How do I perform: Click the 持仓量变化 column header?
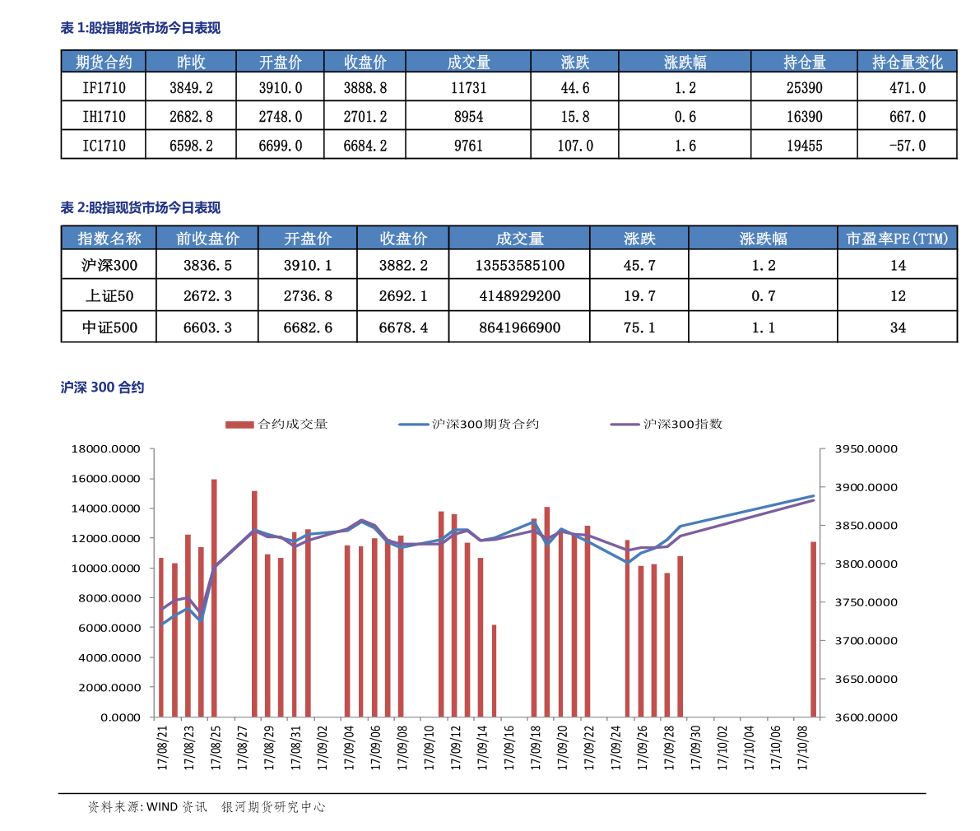click(x=907, y=62)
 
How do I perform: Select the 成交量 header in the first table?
click(x=468, y=62)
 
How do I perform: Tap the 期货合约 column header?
click(x=104, y=62)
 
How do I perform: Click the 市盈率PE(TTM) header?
click(x=897, y=239)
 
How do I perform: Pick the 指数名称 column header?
click(x=109, y=239)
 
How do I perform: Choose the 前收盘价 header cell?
click(x=207, y=239)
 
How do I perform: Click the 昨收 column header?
click(x=191, y=62)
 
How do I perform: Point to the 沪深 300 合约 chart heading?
click(x=102, y=388)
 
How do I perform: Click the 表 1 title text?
click(x=141, y=28)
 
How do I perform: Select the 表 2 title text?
click(x=141, y=207)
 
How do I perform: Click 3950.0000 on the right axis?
click(x=866, y=449)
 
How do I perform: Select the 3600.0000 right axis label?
click(x=866, y=717)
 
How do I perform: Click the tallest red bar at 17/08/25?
click(x=214, y=597)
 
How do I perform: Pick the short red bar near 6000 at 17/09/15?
click(x=494, y=671)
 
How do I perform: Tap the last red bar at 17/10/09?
click(x=813, y=629)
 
